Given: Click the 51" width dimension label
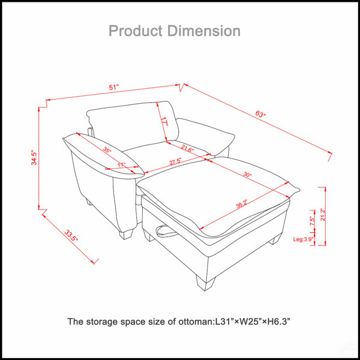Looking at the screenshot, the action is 113,87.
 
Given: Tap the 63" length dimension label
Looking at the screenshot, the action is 260,114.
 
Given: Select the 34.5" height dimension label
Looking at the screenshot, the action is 34,157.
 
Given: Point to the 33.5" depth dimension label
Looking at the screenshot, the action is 71,235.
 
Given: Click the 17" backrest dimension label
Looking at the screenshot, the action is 164,121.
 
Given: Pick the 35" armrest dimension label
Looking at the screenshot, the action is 107,150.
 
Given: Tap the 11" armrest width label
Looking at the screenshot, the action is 121,165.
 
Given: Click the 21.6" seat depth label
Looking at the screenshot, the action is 187,149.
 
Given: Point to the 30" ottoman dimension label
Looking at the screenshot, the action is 247,175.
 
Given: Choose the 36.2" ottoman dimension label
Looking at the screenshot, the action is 242,204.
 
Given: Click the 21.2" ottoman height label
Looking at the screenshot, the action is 323,214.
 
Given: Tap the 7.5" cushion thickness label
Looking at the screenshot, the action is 312,221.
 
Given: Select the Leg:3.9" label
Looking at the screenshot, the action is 303,239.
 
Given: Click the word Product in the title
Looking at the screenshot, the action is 136,31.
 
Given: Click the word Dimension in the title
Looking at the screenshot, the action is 204,31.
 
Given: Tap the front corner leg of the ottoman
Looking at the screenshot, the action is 205,283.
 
